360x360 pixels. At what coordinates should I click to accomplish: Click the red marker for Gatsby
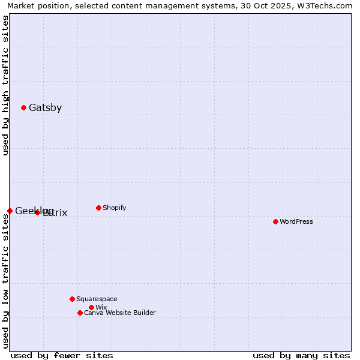click(23, 108)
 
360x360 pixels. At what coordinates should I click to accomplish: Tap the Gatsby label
click(45, 108)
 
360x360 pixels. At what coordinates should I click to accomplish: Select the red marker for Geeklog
click(10, 211)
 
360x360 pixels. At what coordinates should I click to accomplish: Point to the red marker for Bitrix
click(37, 212)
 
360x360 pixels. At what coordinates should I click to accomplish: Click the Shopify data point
click(98, 208)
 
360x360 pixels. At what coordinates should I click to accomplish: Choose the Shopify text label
click(114, 208)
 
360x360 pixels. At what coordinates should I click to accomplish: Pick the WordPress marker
click(275, 221)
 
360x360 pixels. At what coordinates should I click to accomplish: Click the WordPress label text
click(296, 221)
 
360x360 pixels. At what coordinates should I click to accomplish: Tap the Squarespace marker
click(72, 299)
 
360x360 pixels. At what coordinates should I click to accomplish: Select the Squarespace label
click(97, 299)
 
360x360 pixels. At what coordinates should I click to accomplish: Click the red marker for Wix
click(91, 307)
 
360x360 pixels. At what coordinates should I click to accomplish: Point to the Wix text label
click(101, 307)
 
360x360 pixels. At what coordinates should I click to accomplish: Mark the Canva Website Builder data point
click(80, 313)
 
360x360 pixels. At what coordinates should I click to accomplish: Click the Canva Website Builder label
click(119, 313)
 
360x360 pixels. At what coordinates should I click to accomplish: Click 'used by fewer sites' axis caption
click(62, 355)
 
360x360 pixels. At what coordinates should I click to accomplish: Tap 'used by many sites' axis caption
click(301, 355)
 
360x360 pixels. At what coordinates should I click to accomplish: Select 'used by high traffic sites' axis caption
click(5, 86)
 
